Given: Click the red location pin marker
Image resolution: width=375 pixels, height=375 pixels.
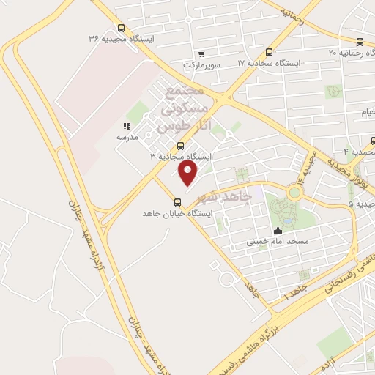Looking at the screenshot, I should [188, 174].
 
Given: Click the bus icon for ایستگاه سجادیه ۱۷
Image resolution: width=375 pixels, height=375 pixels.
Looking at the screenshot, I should [269, 53].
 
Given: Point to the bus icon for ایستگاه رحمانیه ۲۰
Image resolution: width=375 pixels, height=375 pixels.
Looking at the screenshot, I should [359, 42].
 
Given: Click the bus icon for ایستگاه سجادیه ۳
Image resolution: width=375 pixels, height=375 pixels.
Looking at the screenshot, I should [181, 145].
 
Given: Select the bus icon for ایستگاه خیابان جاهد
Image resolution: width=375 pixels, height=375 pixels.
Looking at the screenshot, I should [177, 202].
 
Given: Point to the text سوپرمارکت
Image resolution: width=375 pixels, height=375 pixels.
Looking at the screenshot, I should [202, 64].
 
